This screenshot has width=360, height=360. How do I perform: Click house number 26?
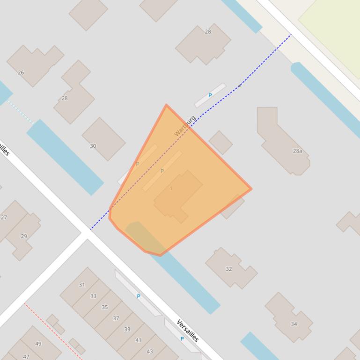21,72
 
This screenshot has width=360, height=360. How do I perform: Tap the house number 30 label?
93,146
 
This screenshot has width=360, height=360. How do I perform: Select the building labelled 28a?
297,151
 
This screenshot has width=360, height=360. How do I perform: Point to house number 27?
4,217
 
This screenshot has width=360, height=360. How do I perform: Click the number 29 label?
24,236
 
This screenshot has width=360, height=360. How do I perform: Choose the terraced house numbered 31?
82,285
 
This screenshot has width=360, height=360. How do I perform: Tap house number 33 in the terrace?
93,296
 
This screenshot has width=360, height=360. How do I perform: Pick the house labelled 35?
104,307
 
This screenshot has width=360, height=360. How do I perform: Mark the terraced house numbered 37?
116,318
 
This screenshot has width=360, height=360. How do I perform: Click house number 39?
127,329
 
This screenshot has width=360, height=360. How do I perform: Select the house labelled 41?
138,340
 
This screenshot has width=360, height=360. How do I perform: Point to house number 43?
150,351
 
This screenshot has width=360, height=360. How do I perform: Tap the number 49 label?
38,344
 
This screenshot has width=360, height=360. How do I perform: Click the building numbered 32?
229,269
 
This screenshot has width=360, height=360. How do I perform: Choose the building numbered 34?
294,324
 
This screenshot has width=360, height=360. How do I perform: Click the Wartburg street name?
185,126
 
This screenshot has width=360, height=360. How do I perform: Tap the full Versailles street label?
188,331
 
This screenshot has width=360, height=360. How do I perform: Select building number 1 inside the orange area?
171,188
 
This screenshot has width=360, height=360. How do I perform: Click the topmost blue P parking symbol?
210,95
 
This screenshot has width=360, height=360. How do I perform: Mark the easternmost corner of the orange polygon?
251,189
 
